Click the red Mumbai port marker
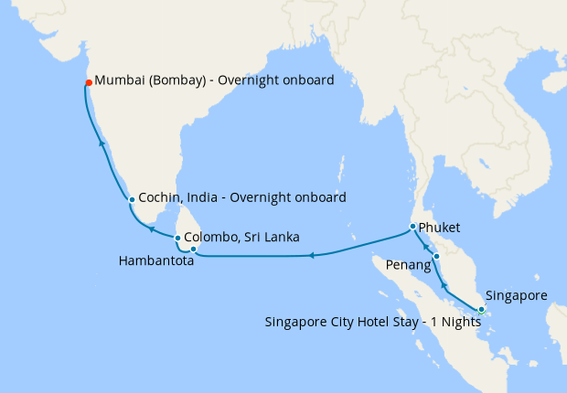pyautogui.click(x=89, y=82)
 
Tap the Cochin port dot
pyautogui.click(x=132, y=199)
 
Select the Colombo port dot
pyautogui.click(x=177, y=239)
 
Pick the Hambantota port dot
pyautogui.click(x=193, y=250)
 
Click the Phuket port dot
pyautogui.click(x=412, y=227)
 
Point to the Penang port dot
pyautogui.click(x=437, y=256)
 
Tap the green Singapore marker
pyautogui.click(x=481, y=310)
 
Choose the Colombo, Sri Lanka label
pyautogui.click(x=241, y=238)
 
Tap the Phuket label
pyautogui.click(x=439, y=227)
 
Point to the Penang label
pyautogui.click(x=408, y=265)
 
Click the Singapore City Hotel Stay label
pyautogui.click(x=372, y=322)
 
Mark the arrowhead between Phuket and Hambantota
pyautogui.click(x=311, y=255)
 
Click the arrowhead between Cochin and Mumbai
pyautogui.click(x=102, y=143)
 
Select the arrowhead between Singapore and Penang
pyautogui.click(x=444, y=287)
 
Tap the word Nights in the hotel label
pyautogui.click(x=460, y=322)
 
